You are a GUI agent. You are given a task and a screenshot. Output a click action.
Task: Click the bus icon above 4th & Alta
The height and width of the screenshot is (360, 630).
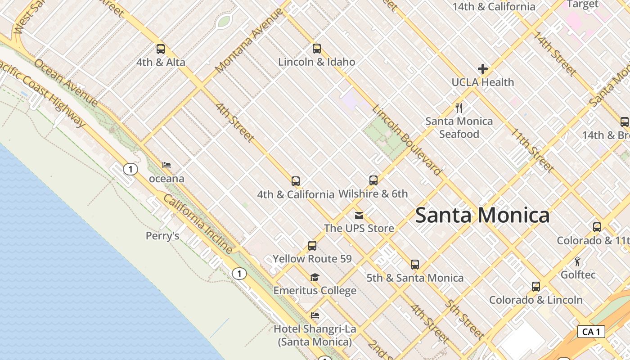tap(161, 49)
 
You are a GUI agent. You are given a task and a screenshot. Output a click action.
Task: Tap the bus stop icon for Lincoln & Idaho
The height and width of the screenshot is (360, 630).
tap(317, 49)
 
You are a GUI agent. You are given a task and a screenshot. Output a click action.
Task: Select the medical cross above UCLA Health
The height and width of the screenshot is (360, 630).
tap(483, 69)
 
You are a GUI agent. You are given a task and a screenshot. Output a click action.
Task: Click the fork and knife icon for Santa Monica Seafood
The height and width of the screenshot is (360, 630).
tap(459, 108)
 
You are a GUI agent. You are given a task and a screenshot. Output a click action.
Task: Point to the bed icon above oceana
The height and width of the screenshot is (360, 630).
tap(166, 165)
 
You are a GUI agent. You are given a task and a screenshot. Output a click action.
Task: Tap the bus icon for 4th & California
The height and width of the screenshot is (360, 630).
tap(296, 181)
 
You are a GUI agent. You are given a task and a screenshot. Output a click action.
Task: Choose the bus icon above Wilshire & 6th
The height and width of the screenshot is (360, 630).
tap(373, 180)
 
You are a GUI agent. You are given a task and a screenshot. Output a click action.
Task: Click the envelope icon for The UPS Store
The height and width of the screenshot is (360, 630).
tap(359, 215)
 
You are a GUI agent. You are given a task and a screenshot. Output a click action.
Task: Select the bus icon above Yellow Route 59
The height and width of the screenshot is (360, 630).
tap(312, 246)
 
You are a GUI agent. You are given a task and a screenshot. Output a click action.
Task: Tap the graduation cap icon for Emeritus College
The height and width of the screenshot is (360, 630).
tap(315, 278)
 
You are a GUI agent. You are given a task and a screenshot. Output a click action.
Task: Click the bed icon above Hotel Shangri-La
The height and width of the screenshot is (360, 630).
tap(315, 316)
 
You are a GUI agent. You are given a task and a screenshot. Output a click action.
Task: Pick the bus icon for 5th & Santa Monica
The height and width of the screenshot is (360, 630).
tap(415, 265)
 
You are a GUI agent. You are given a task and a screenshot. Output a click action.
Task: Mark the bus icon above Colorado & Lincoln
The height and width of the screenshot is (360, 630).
tap(535, 287)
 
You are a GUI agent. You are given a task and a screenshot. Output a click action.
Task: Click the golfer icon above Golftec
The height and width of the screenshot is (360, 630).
tap(578, 261)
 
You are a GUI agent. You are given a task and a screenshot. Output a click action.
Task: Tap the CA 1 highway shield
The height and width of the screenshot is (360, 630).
tap(591, 332)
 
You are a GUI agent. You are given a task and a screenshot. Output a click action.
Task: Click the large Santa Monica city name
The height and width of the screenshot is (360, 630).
tap(482, 215)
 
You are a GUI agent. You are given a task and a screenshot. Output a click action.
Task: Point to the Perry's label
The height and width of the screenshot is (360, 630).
tap(162, 236)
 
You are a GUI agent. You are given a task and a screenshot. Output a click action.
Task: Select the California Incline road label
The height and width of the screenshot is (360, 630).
tap(198, 224)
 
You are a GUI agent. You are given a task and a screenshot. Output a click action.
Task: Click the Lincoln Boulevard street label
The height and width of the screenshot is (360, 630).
tap(407, 140)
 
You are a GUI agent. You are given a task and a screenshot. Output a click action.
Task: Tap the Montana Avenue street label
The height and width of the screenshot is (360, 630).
tap(249, 40)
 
